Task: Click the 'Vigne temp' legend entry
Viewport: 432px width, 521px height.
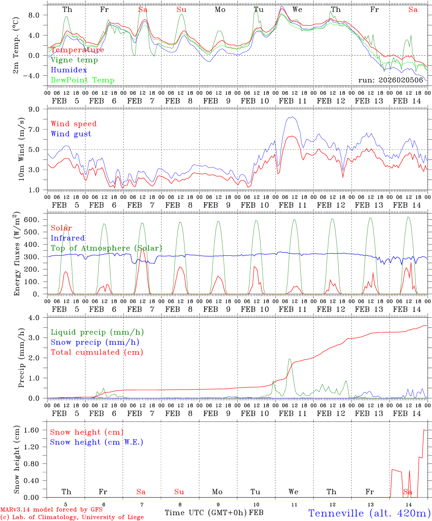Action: click(74, 60)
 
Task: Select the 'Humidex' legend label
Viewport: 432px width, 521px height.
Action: click(69, 70)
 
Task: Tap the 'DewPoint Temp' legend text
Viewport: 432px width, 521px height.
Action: click(82, 80)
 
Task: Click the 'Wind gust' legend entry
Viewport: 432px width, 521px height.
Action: click(71, 134)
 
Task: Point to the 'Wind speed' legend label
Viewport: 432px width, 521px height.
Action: click(74, 124)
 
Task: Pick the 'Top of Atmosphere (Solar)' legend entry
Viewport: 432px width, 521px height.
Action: click(106, 248)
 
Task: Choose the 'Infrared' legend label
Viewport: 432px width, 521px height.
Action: click(68, 238)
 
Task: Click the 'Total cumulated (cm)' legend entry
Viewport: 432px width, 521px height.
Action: click(97, 352)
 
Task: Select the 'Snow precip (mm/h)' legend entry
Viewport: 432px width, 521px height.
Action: click(95, 342)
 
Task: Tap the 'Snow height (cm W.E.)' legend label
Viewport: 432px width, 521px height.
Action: click(97, 442)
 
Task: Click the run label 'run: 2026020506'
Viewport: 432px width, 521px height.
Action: click(390, 80)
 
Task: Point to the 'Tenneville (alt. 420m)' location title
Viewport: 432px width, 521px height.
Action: click(369, 513)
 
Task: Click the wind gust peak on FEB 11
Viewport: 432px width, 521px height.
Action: click(292, 117)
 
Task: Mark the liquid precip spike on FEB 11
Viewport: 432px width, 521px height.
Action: click(289, 359)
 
